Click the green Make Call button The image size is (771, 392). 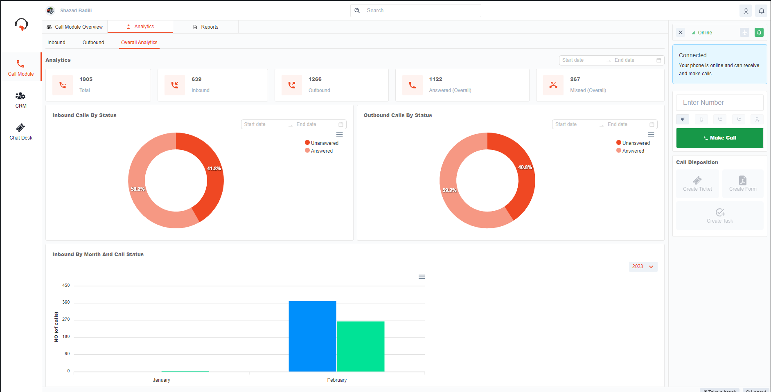coord(719,138)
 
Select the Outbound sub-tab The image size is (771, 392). coord(93,43)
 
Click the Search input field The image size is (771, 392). coord(422,11)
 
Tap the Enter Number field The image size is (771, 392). coord(719,103)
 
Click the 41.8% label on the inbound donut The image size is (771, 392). coord(214,169)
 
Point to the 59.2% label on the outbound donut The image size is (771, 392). coord(449,190)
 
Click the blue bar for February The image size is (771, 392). coord(312,336)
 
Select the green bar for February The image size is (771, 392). coord(361,346)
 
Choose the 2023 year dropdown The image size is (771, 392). coord(643,267)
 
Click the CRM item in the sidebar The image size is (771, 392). coord(21,100)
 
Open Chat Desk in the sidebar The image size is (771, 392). coord(21,132)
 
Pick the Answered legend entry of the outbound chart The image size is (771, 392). coord(633,151)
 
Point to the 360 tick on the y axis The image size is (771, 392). coord(66,302)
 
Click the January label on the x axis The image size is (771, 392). coord(161,380)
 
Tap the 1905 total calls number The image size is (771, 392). coord(86,79)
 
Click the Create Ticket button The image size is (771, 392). coord(697,184)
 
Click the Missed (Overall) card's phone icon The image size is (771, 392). coord(553,85)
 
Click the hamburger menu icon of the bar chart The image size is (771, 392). coord(422,277)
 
